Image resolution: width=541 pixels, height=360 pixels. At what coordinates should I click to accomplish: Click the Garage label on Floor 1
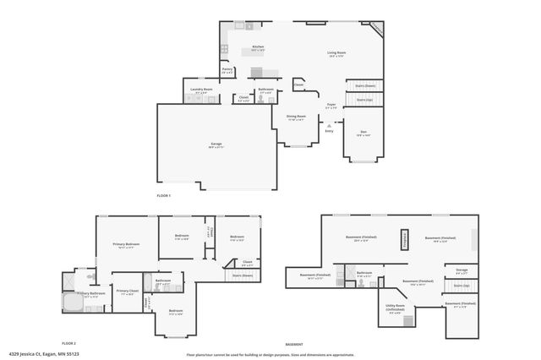click(x=216, y=145)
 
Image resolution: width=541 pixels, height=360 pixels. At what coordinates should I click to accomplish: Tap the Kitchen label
click(x=258, y=46)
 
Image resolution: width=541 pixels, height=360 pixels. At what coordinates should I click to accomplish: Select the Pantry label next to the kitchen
click(x=227, y=70)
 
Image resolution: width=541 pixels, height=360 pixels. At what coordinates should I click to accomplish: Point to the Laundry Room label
click(x=200, y=89)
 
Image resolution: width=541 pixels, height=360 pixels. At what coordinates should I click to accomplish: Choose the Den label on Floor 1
click(x=363, y=132)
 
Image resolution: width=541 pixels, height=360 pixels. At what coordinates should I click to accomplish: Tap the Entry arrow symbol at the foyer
click(x=330, y=123)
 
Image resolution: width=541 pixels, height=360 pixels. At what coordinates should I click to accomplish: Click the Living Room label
click(x=337, y=53)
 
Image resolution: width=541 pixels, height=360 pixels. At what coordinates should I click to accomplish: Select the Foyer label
click(x=332, y=105)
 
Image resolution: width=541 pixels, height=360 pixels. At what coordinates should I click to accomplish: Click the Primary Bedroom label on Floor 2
click(x=126, y=245)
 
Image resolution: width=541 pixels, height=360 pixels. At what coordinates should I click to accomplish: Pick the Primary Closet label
click(x=127, y=292)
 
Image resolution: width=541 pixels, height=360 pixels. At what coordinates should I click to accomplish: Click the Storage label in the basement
click(x=462, y=270)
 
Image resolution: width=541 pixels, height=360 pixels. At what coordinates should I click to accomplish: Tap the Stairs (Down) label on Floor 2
click(x=243, y=275)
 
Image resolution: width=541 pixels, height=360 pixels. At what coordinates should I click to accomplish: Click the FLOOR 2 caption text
click(x=68, y=344)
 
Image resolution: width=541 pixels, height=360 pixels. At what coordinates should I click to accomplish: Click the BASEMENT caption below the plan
click(x=293, y=344)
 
